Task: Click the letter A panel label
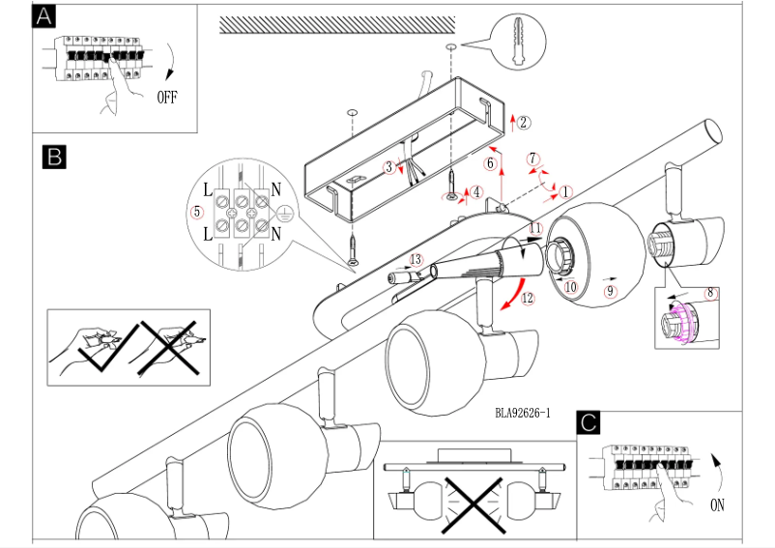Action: pyautogui.click(x=44, y=17)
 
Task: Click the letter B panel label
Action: pyautogui.click(x=54, y=156)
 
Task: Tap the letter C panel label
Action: pyautogui.click(x=588, y=422)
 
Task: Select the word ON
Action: pyautogui.click(x=716, y=505)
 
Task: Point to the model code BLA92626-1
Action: pyautogui.click(x=522, y=413)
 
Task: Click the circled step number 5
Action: pyautogui.click(x=197, y=209)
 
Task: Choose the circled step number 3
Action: pyautogui.click(x=389, y=167)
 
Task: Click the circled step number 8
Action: pyautogui.click(x=710, y=292)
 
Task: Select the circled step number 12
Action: pyautogui.click(x=528, y=299)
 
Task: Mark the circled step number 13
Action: pyautogui.click(x=416, y=259)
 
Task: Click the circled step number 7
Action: pyautogui.click(x=532, y=158)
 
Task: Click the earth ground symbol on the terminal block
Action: pyautogui.click(x=285, y=217)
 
